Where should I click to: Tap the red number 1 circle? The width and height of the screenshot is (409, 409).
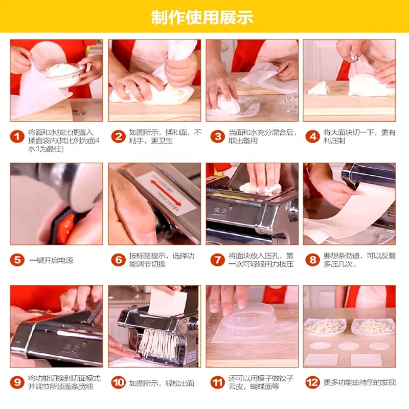(17, 137)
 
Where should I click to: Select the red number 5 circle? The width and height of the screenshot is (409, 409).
(17, 260)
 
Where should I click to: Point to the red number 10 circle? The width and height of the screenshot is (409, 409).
(118, 382)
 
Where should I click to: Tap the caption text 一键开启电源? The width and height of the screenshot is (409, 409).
(51, 260)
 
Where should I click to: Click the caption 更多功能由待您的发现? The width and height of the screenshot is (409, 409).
(359, 382)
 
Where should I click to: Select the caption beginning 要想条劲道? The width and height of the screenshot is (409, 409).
(358, 260)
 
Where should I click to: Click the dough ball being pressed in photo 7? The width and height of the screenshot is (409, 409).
(261, 188)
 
